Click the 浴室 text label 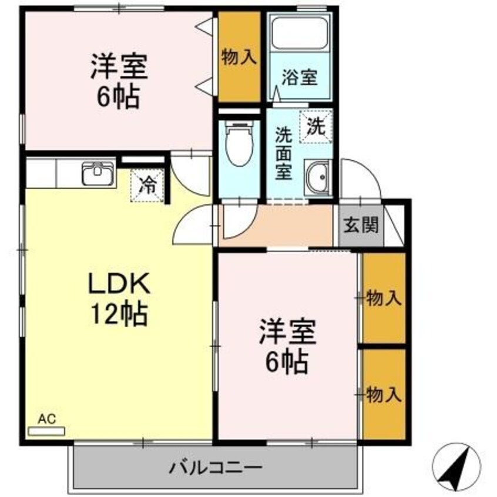click(300, 78)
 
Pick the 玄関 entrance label click(361, 226)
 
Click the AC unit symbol click(46, 431)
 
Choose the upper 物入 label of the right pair click(384, 298)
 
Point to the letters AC click(46, 419)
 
